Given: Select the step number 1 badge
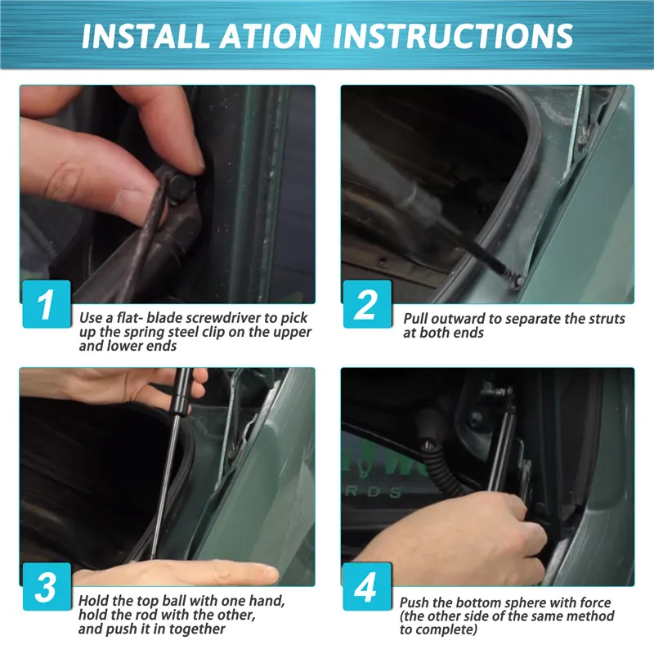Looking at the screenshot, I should [46, 304].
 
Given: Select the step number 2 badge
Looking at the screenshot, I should [366, 304].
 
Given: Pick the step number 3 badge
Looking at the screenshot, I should [46, 587].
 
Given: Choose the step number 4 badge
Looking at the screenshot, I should [366, 587].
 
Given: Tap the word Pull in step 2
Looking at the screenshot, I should [419, 318].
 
